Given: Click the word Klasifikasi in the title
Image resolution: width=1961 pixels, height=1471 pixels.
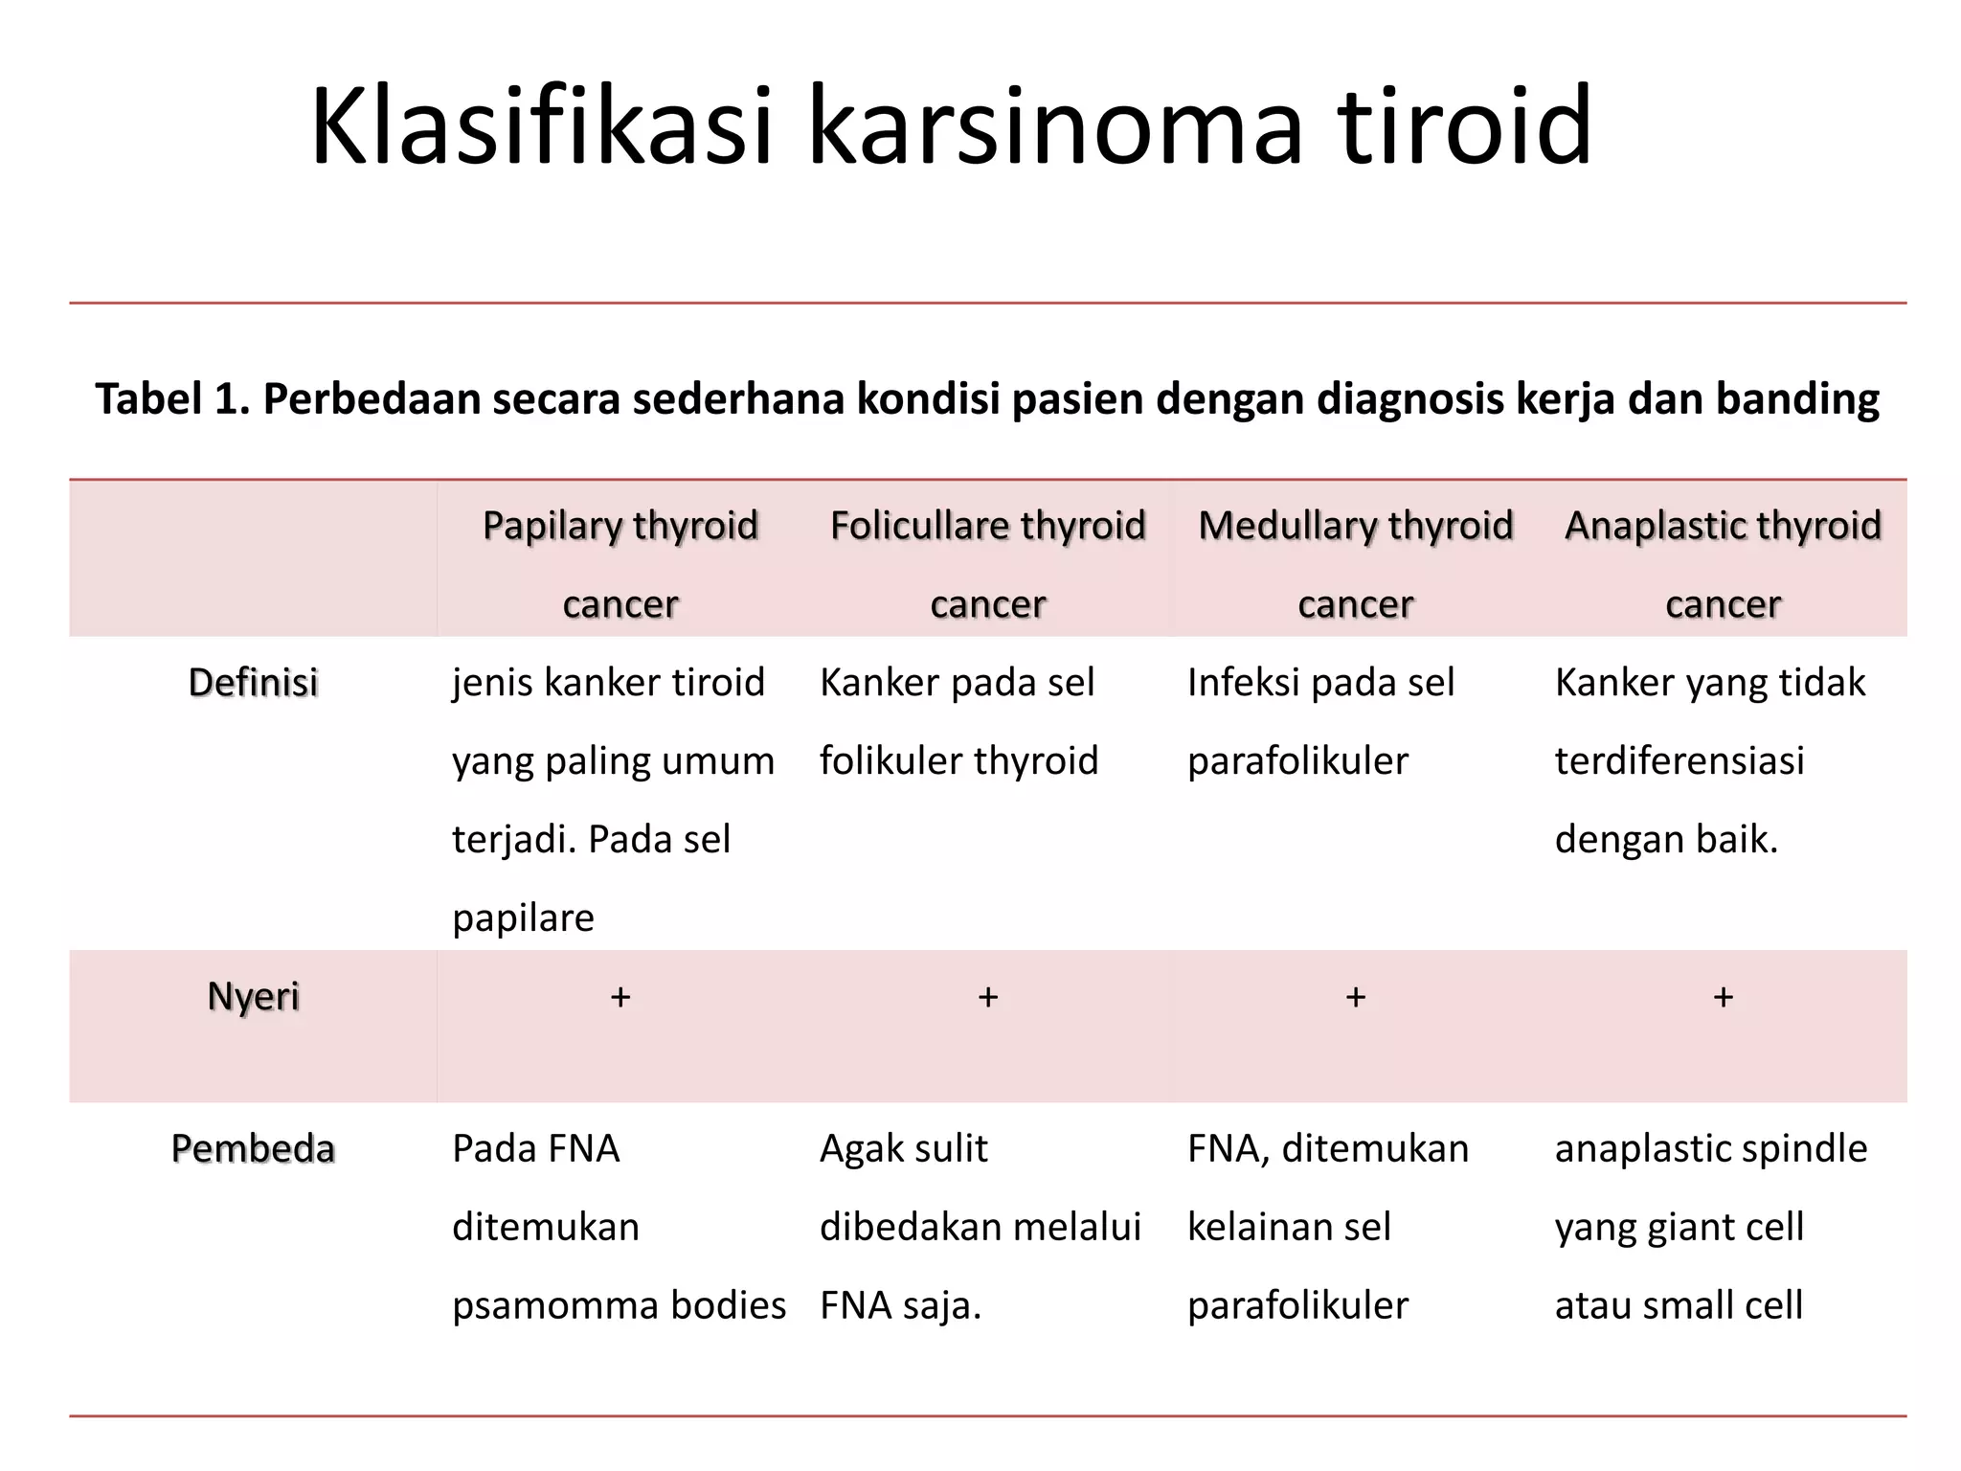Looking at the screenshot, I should click(541, 126).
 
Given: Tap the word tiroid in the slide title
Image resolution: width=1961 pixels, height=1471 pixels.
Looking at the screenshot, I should click(1464, 126).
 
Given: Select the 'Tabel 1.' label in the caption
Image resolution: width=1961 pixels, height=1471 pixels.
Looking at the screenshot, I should click(172, 398).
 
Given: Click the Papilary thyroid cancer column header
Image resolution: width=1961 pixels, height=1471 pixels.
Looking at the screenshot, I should click(620, 563).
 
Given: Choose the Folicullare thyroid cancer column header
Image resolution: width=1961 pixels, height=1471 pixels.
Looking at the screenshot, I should click(987, 563).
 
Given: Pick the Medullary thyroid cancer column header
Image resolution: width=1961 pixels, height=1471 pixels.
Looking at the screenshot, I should click(1355, 563).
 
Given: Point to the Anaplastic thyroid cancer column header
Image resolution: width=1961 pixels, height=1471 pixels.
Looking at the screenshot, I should click(1723, 563).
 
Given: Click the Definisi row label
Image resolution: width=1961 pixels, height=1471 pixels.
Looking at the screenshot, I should click(253, 683).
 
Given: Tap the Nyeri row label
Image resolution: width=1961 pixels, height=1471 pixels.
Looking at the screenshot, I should click(253, 997).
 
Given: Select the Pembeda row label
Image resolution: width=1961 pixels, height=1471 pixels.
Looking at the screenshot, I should click(253, 1148).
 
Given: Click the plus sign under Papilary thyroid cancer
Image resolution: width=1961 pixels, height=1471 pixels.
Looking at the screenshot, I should click(620, 997).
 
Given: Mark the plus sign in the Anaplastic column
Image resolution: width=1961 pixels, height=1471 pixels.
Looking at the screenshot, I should click(1723, 997).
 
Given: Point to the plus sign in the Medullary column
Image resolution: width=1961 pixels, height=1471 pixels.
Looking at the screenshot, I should click(1355, 997).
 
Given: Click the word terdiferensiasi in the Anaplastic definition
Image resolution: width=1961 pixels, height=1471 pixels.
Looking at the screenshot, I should click(1679, 761).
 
